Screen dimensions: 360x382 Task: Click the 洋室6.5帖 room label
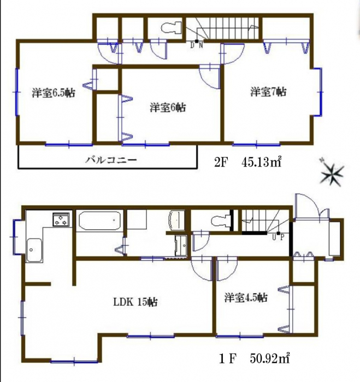[x=54, y=93]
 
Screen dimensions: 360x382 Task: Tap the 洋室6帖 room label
[x=168, y=107]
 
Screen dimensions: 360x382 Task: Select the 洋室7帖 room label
[x=268, y=92]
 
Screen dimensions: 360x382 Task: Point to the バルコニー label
[x=111, y=160]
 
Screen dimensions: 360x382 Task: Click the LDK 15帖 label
[x=135, y=302]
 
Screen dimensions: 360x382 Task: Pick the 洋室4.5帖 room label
[x=246, y=297]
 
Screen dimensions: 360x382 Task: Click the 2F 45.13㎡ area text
[x=249, y=163]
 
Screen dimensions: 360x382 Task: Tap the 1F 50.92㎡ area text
[x=255, y=359]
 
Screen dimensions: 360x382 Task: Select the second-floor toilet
[x=172, y=27]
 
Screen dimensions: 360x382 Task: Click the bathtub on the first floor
[x=100, y=220]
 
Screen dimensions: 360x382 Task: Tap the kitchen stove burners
[x=61, y=219]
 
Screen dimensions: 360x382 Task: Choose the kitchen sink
[x=34, y=250]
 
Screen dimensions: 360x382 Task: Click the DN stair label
[x=196, y=45]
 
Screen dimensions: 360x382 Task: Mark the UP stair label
[x=278, y=236]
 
